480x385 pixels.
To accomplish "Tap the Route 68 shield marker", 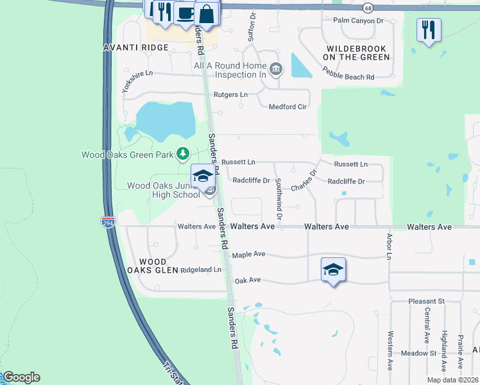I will pos(367,8).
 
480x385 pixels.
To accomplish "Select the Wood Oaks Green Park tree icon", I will pos(184,153).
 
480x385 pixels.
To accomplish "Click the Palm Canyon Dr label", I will pos(358,21).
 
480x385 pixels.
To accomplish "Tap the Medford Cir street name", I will pos(287,107).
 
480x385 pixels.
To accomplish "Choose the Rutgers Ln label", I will pos(230,95).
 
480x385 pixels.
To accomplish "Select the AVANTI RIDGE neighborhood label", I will pos(136,47).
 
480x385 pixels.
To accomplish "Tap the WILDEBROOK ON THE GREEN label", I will pos(357,53).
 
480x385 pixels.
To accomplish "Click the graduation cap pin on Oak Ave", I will pos(333,270).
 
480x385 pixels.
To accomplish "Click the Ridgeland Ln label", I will pos(200,270).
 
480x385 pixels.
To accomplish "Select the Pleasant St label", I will pos(427,301).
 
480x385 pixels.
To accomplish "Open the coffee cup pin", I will pos(186,12).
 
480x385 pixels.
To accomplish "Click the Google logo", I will pos(21,377).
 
